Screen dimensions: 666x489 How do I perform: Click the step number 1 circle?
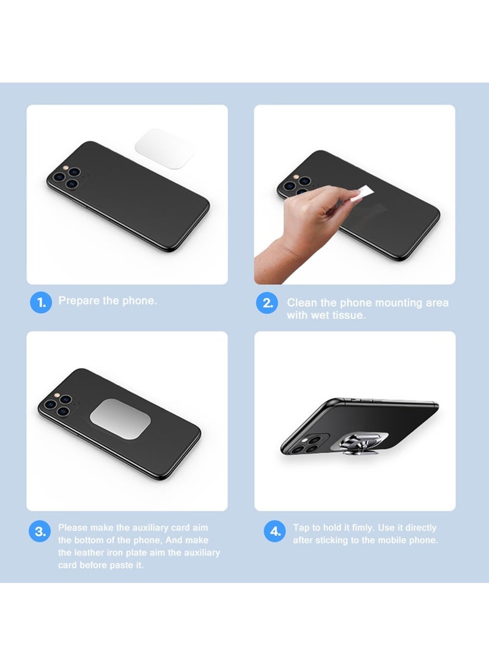coord(41,302)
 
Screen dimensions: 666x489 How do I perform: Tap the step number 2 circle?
coord(267,303)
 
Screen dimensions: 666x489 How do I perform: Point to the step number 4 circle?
coord(274,531)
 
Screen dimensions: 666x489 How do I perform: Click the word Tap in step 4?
coord(301,527)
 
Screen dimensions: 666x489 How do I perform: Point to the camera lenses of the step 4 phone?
coord(308,445)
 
